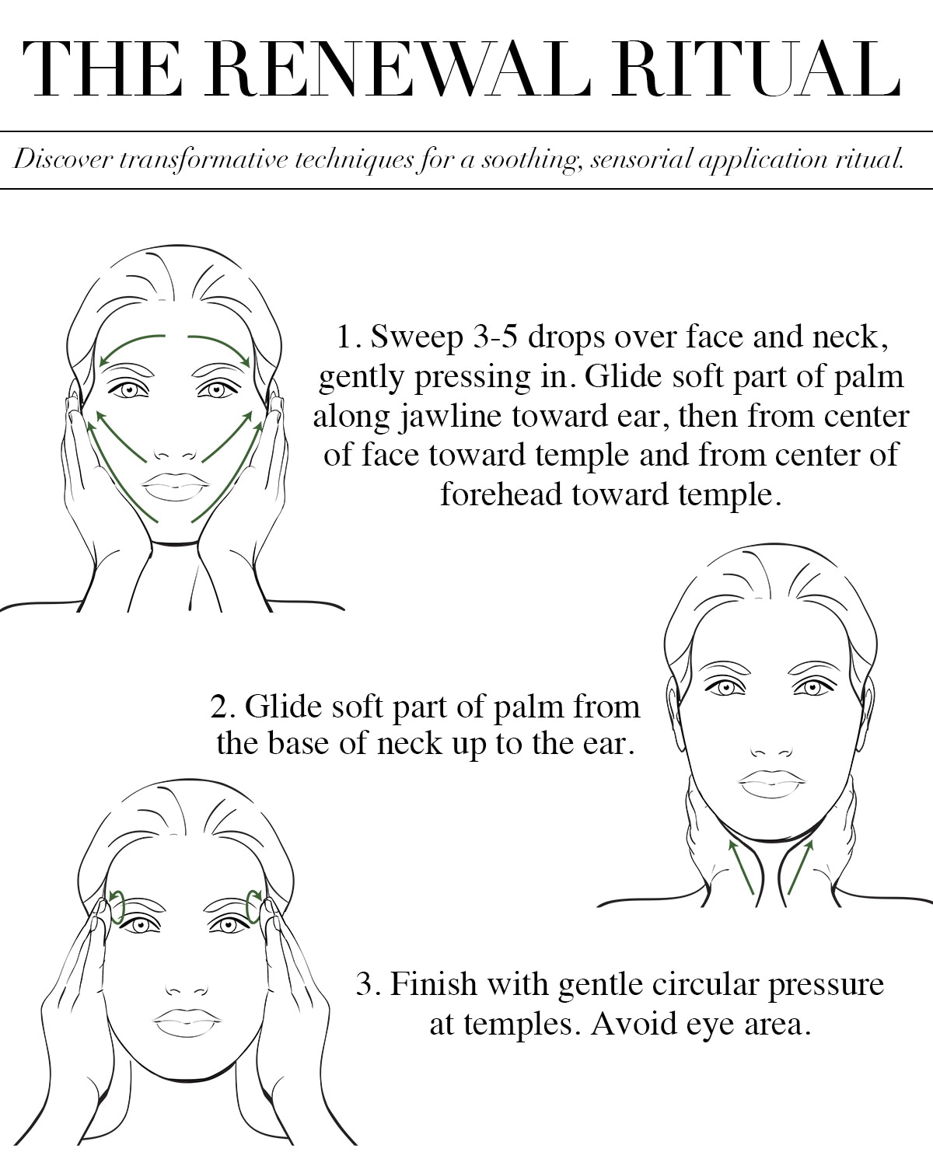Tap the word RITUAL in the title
tap(757, 69)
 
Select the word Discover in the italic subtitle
tap(62, 159)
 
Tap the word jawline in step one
tap(451, 417)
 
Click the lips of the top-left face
tap(175, 487)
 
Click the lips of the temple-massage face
tap(187, 1023)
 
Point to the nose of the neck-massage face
tap(771, 751)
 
